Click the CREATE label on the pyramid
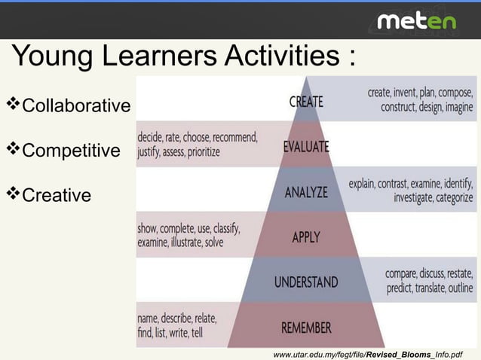click(306, 101)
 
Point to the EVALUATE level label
click(306, 147)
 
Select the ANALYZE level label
click(306, 192)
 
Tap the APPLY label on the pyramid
click(306, 237)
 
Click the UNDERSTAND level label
click(306, 282)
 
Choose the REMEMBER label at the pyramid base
click(306, 328)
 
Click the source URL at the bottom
click(368, 353)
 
